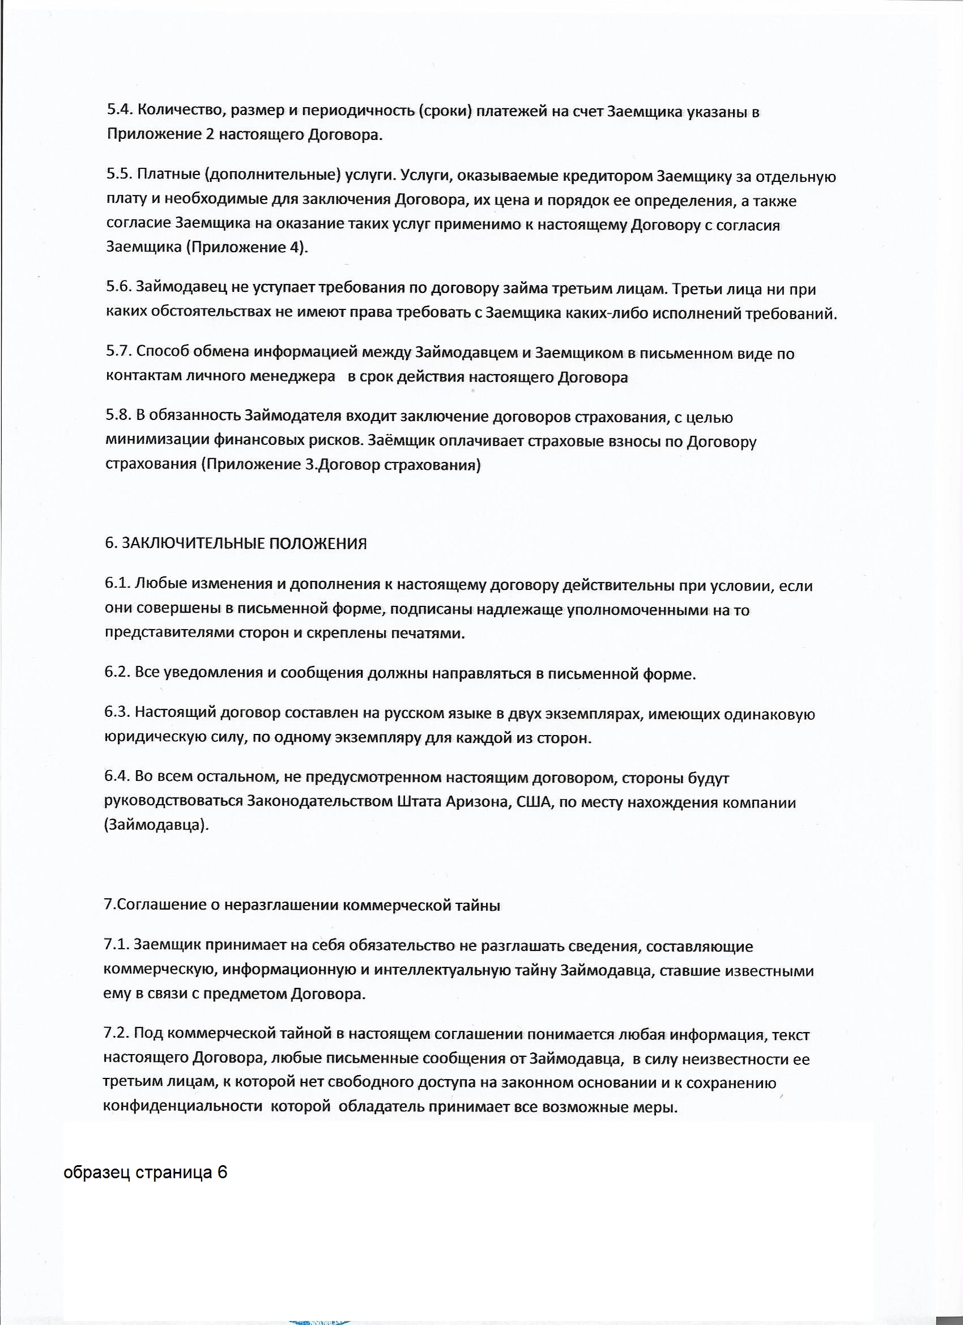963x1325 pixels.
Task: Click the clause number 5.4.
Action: click(x=120, y=111)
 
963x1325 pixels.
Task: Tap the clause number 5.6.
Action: click(x=119, y=287)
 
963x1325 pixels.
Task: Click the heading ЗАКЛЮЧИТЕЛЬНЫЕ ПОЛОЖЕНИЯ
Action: click(x=244, y=543)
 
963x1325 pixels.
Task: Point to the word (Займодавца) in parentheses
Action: click(x=156, y=826)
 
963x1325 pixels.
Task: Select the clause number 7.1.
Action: click(x=117, y=945)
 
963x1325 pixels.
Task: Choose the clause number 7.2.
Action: click(x=117, y=1034)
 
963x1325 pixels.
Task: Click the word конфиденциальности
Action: click(x=183, y=1106)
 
